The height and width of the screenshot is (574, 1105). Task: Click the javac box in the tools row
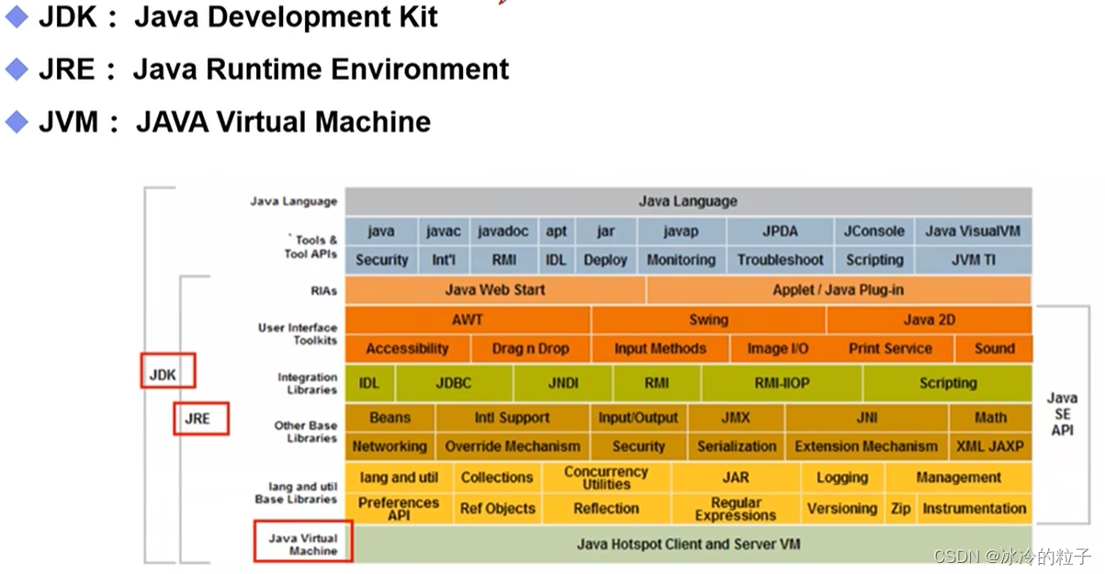pyautogui.click(x=443, y=231)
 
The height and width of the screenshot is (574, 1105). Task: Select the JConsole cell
pyautogui.click(x=874, y=231)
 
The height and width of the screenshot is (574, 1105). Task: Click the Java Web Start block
pyautogui.click(x=495, y=290)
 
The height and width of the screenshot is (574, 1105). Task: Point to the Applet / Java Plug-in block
pyautogui.click(x=838, y=290)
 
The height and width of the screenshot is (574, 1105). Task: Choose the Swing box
pyautogui.click(x=708, y=320)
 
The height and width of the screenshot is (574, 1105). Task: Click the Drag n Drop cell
pyautogui.click(x=530, y=349)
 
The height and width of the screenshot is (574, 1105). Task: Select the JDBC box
pyautogui.click(x=454, y=383)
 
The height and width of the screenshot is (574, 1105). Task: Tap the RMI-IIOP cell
pyautogui.click(x=781, y=383)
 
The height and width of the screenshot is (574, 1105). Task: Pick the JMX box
pyautogui.click(x=735, y=418)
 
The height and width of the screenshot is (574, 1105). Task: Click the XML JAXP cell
pyautogui.click(x=989, y=446)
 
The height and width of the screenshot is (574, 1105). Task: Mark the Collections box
pyautogui.click(x=496, y=478)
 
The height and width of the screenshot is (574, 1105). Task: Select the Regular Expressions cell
pyautogui.click(x=735, y=509)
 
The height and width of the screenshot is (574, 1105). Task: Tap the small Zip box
pyautogui.click(x=900, y=509)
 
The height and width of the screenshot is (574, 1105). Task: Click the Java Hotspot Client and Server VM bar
pyautogui.click(x=688, y=544)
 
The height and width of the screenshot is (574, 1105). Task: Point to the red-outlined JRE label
pyautogui.click(x=200, y=419)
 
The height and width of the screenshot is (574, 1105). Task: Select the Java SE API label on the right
pyautogui.click(x=1062, y=413)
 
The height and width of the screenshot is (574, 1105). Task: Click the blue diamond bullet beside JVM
pyautogui.click(x=16, y=121)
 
